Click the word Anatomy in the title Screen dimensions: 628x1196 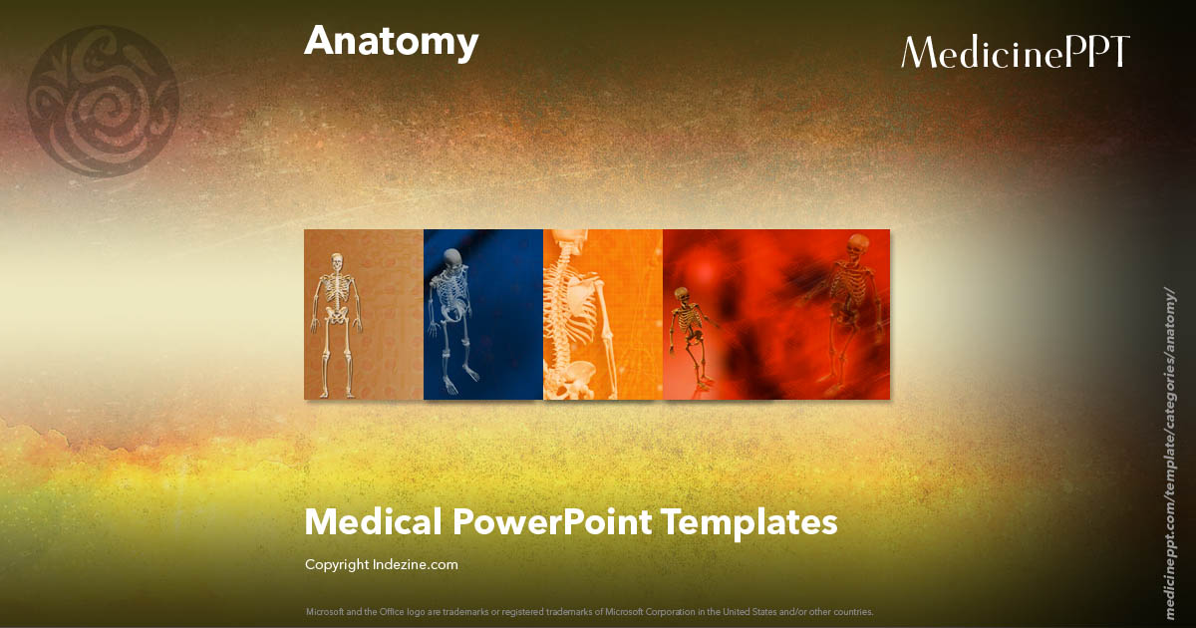click(x=391, y=43)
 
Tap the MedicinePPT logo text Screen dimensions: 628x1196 click(x=1015, y=52)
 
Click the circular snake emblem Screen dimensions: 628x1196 click(x=103, y=101)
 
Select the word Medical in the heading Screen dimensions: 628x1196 click(x=373, y=521)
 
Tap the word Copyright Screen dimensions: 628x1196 click(x=337, y=565)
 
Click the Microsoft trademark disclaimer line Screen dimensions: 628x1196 click(x=590, y=611)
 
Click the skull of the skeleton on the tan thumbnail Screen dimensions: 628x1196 click(x=335, y=260)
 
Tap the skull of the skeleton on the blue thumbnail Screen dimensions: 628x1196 click(x=453, y=258)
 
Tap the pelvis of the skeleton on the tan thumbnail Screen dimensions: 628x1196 click(x=336, y=317)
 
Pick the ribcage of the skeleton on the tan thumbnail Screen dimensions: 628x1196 click(x=336, y=288)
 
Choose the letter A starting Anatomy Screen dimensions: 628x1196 click(x=319, y=41)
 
